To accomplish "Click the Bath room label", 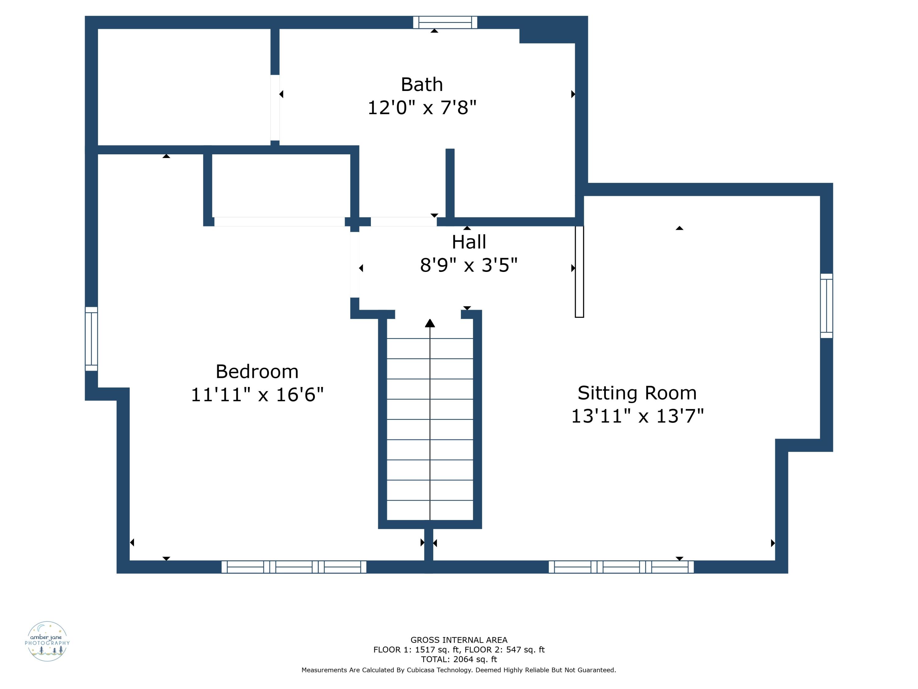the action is click(422, 85).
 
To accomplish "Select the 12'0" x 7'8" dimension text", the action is click(422, 107).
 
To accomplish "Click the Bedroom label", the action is click(257, 371).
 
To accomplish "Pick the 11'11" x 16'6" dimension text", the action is click(257, 394).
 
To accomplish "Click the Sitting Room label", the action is click(637, 393).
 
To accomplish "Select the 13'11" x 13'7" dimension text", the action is click(637, 416).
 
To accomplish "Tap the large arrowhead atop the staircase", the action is click(430, 323).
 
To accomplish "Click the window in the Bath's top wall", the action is click(445, 22).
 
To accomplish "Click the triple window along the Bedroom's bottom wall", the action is click(294, 567).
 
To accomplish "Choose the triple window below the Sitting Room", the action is click(621, 567).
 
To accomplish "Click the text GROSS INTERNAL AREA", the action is click(459, 640).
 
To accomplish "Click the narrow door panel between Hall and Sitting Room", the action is click(579, 272).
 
